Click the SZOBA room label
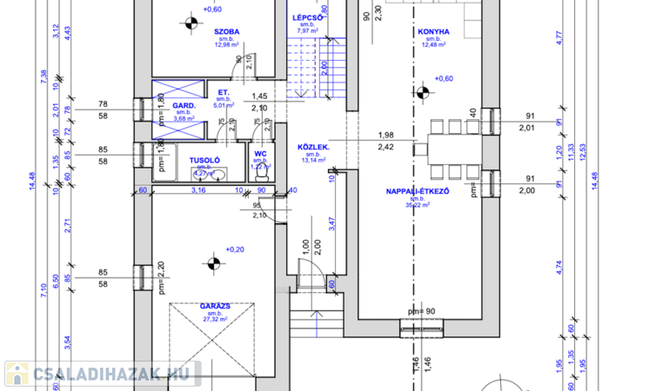coord(227,32)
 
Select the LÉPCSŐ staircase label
coord(307,18)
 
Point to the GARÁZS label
coord(212,307)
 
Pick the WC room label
coord(259,154)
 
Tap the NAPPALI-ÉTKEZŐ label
coord(417,190)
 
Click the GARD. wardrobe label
coord(183,106)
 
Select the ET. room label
coord(223,92)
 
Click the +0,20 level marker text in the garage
coord(235,249)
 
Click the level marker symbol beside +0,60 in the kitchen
coord(423,90)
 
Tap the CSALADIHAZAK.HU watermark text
coord(112,374)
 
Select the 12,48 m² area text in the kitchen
coord(432,46)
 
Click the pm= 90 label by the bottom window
coord(421,311)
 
